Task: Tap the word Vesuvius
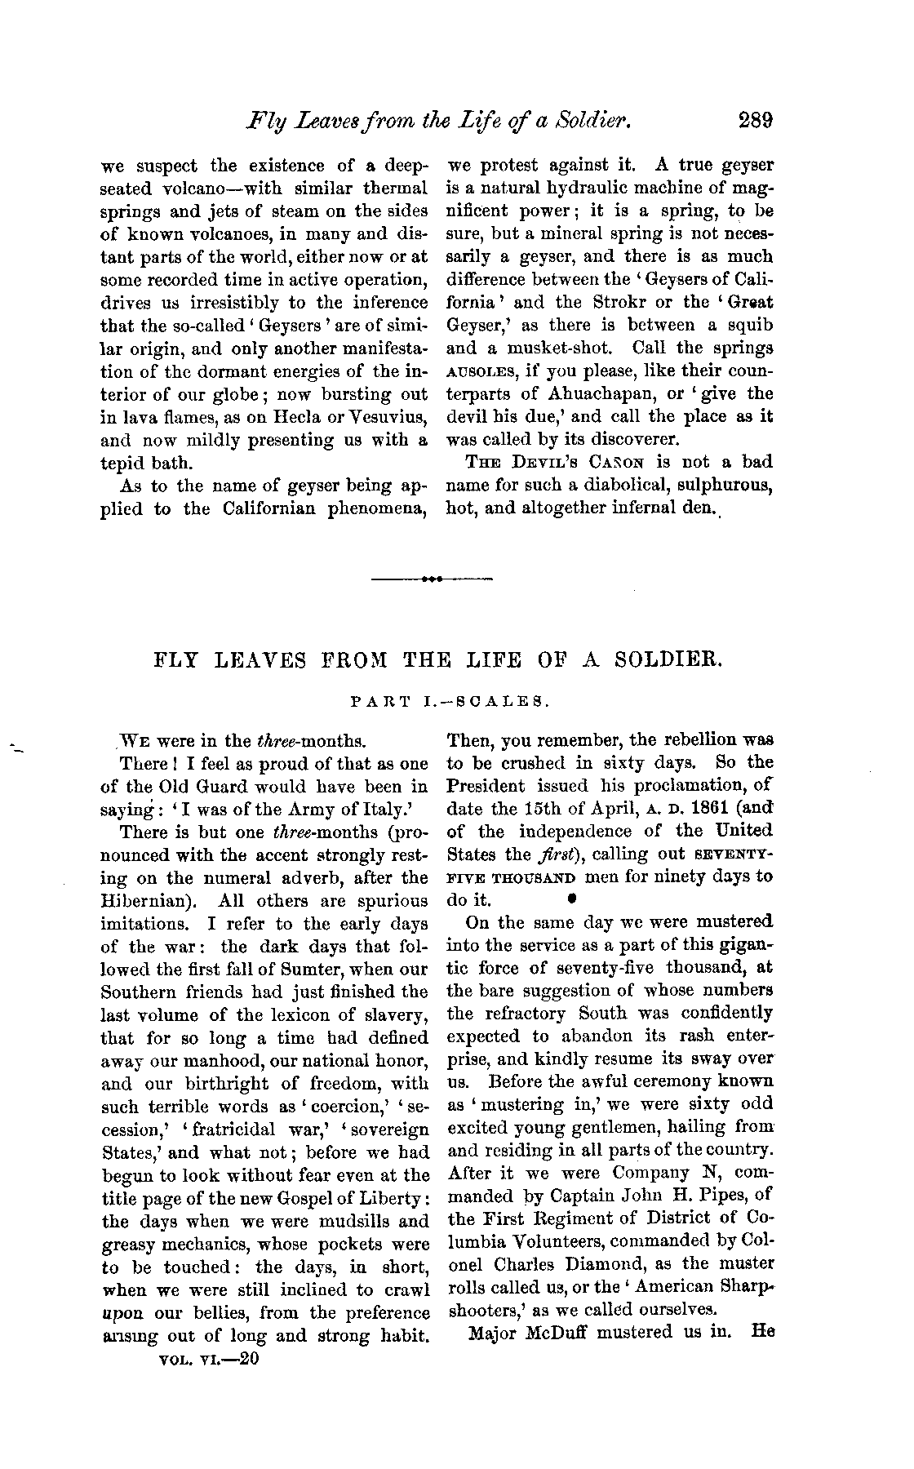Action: [392, 417]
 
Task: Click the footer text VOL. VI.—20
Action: [211, 1360]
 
